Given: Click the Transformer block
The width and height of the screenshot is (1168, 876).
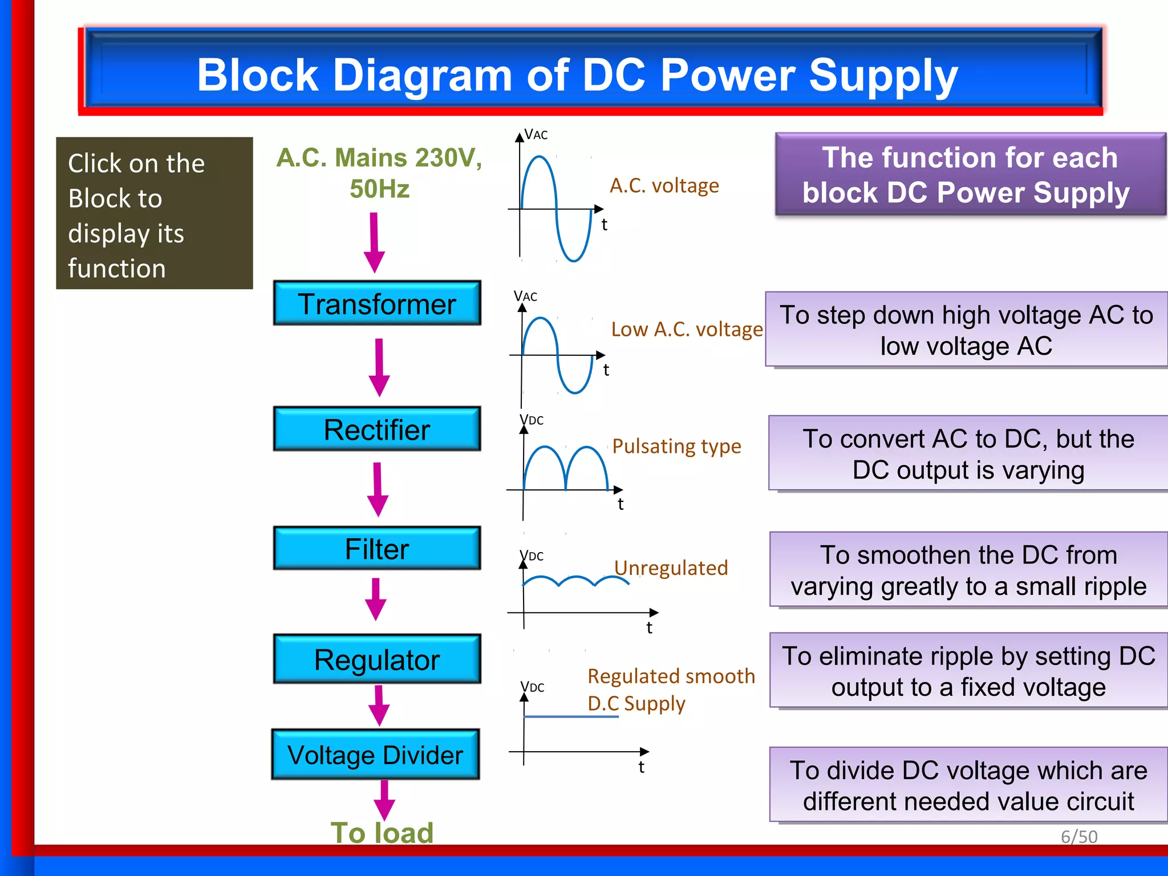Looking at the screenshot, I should tap(377, 303).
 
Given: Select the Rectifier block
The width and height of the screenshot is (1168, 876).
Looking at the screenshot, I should tap(377, 429).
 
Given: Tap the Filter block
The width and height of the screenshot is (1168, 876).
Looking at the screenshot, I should tap(377, 548).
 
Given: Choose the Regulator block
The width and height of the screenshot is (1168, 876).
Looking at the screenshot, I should tap(377, 659).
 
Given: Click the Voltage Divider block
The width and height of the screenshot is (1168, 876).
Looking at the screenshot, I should tap(375, 755).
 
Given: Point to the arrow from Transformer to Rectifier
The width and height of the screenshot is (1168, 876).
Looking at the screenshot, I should tap(379, 367).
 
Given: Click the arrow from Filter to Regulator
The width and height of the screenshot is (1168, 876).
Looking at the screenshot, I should tap(376, 598).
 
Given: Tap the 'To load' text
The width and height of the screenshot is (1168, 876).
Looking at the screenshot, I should tap(382, 833).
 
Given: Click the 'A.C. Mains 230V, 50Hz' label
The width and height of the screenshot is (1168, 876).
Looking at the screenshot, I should tap(379, 173).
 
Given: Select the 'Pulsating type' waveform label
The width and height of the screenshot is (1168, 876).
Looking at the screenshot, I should tap(676, 446).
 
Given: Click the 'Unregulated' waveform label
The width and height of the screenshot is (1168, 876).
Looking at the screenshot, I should tap(671, 568).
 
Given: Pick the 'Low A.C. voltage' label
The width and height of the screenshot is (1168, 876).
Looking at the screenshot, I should tap(687, 329).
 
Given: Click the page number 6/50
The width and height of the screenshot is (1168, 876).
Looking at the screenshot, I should tap(1078, 837).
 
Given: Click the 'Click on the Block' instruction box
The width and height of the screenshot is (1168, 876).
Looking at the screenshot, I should tap(155, 213).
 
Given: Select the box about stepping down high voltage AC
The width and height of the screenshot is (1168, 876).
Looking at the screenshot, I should tap(966, 330).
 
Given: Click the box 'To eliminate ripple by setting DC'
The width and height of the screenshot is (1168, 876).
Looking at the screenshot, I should tap(968, 671).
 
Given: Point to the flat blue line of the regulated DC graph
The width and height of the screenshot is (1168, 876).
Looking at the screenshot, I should tap(570, 716).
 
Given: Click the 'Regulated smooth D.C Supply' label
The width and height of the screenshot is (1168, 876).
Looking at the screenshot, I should tap(671, 690).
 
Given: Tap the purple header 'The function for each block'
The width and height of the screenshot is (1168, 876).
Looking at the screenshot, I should tap(970, 175).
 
